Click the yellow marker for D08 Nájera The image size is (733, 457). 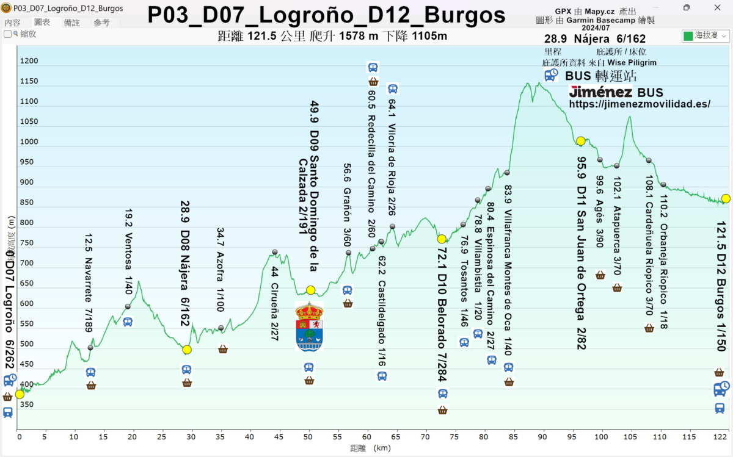click(x=187, y=350)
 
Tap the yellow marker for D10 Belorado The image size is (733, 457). click(x=442, y=239)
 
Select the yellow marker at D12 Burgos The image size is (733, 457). click(x=725, y=198)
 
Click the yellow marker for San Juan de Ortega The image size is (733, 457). click(x=580, y=141)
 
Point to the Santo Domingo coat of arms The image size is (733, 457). click(x=309, y=326)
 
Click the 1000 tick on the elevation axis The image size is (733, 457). click(x=28, y=142)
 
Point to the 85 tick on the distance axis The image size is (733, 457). click(x=514, y=437)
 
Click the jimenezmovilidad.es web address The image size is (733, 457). click(x=640, y=104)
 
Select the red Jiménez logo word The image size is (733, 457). click(x=599, y=92)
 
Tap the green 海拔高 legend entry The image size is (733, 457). click(x=706, y=36)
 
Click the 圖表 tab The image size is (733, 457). click(x=42, y=23)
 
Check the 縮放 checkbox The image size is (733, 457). click(x=8, y=34)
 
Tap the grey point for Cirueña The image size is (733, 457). click(x=275, y=252)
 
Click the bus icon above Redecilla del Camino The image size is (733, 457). click(x=373, y=67)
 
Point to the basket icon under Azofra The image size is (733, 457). click(x=223, y=349)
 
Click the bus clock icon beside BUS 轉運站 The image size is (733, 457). click(x=552, y=75)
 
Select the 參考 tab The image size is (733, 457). click(x=101, y=23)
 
